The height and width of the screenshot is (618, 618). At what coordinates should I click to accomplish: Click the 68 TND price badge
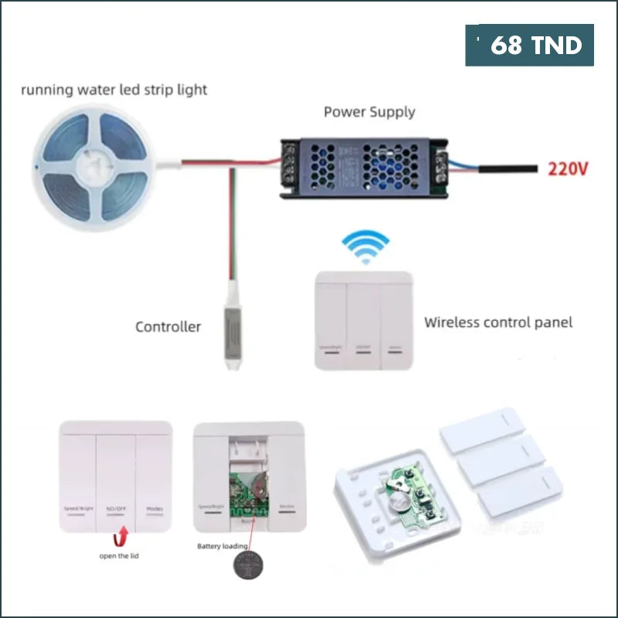tap(529, 46)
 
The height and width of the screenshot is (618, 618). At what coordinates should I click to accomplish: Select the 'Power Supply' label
tap(369, 112)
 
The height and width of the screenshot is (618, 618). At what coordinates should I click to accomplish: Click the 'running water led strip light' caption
tap(114, 90)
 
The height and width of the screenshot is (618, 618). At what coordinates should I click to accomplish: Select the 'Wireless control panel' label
tap(498, 322)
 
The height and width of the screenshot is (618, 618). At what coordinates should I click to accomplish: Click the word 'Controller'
tap(168, 327)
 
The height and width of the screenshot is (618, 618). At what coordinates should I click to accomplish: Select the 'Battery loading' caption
tap(223, 546)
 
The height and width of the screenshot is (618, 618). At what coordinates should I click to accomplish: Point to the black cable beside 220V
tap(506, 167)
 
